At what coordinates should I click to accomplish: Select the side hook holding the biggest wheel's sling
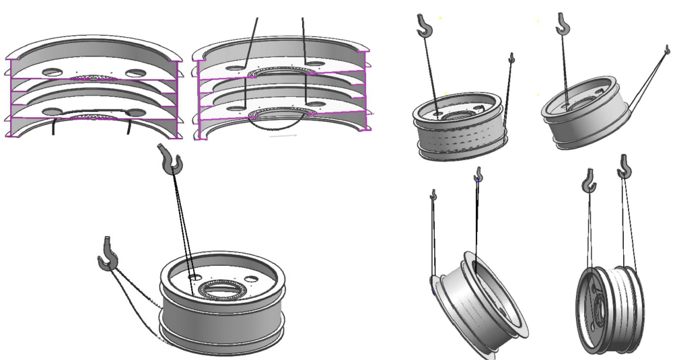[108, 254]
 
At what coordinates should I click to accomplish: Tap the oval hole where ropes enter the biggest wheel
[194, 276]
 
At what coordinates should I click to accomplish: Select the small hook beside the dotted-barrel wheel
[511, 59]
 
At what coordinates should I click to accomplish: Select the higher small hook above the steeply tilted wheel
[478, 176]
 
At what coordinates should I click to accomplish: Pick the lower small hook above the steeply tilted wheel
[433, 195]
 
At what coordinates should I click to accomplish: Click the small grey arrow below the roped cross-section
[283, 136]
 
